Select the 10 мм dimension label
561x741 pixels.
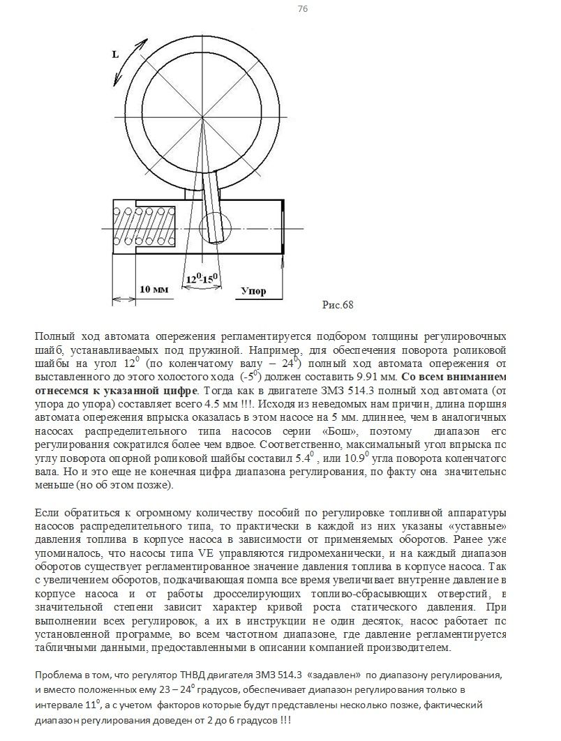pyautogui.click(x=154, y=289)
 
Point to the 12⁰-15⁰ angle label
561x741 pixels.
pyautogui.click(x=202, y=279)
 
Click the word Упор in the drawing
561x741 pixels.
pyautogui.click(x=253, y=291)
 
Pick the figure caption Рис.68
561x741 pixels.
pyautogui.click(x=338, y=305)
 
